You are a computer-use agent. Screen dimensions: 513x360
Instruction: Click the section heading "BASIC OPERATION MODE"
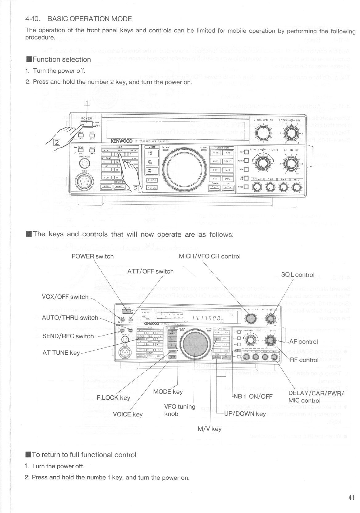point(90,19)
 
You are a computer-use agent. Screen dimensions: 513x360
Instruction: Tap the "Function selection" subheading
point(62,59)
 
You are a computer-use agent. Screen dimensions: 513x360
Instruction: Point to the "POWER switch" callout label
point(92,256)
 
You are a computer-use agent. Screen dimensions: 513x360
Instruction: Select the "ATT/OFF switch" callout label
point(150,271)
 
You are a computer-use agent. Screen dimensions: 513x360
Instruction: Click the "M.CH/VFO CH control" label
point(209,256)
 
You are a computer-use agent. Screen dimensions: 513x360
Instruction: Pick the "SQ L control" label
point(297,275)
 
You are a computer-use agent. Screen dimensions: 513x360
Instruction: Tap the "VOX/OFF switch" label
point(65,297)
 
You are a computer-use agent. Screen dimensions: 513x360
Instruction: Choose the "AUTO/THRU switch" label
point(70,318)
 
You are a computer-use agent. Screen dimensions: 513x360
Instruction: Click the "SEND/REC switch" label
point(68,336)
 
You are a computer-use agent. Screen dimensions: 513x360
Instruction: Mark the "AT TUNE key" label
point(61,353)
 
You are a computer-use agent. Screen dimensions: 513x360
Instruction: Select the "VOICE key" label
point(128,414)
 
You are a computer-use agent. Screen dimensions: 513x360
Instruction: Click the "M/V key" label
point(209,429)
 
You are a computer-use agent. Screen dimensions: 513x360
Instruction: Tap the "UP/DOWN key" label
point(245,414)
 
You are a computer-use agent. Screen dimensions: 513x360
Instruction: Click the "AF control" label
point(303,341)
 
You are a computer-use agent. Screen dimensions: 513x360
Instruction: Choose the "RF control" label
point(304,360)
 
